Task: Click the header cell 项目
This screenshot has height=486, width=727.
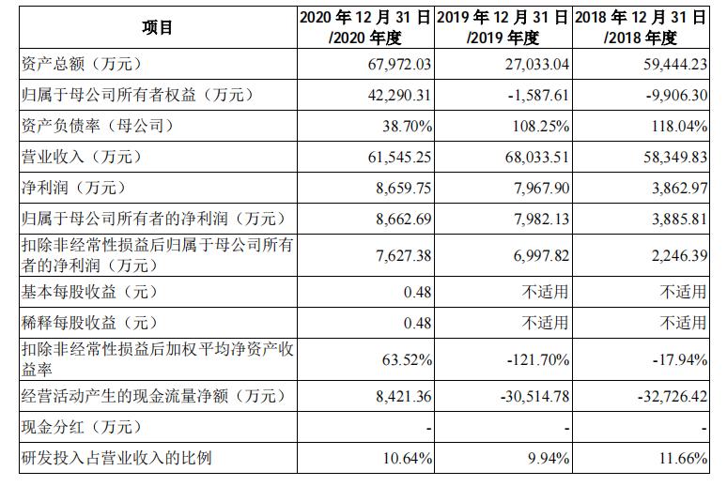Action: point(157,28)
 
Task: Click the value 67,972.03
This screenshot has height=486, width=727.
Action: point(395,65)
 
